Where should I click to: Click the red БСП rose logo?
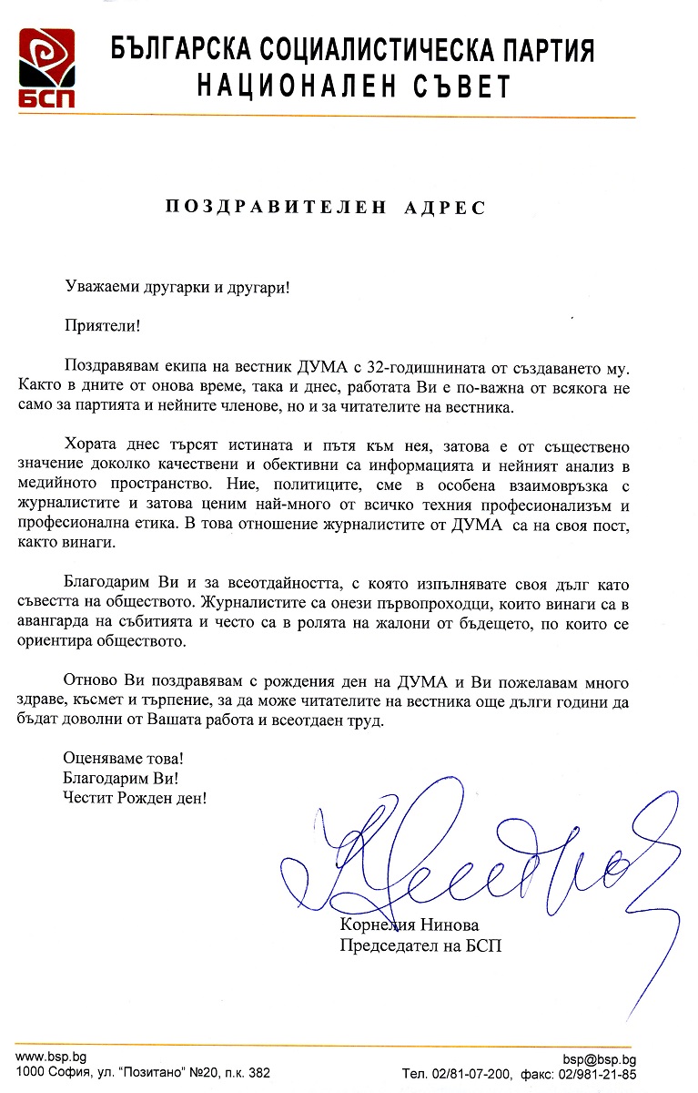pos(47,67)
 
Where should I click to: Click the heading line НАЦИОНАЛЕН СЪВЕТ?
pos(355,86)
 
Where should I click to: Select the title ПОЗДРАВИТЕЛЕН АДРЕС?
pos(325,207)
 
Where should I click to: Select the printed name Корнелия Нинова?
pos(409,925)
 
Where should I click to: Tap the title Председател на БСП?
pos(420,945)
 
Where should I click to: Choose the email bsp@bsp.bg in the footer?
pos(599,1059)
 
